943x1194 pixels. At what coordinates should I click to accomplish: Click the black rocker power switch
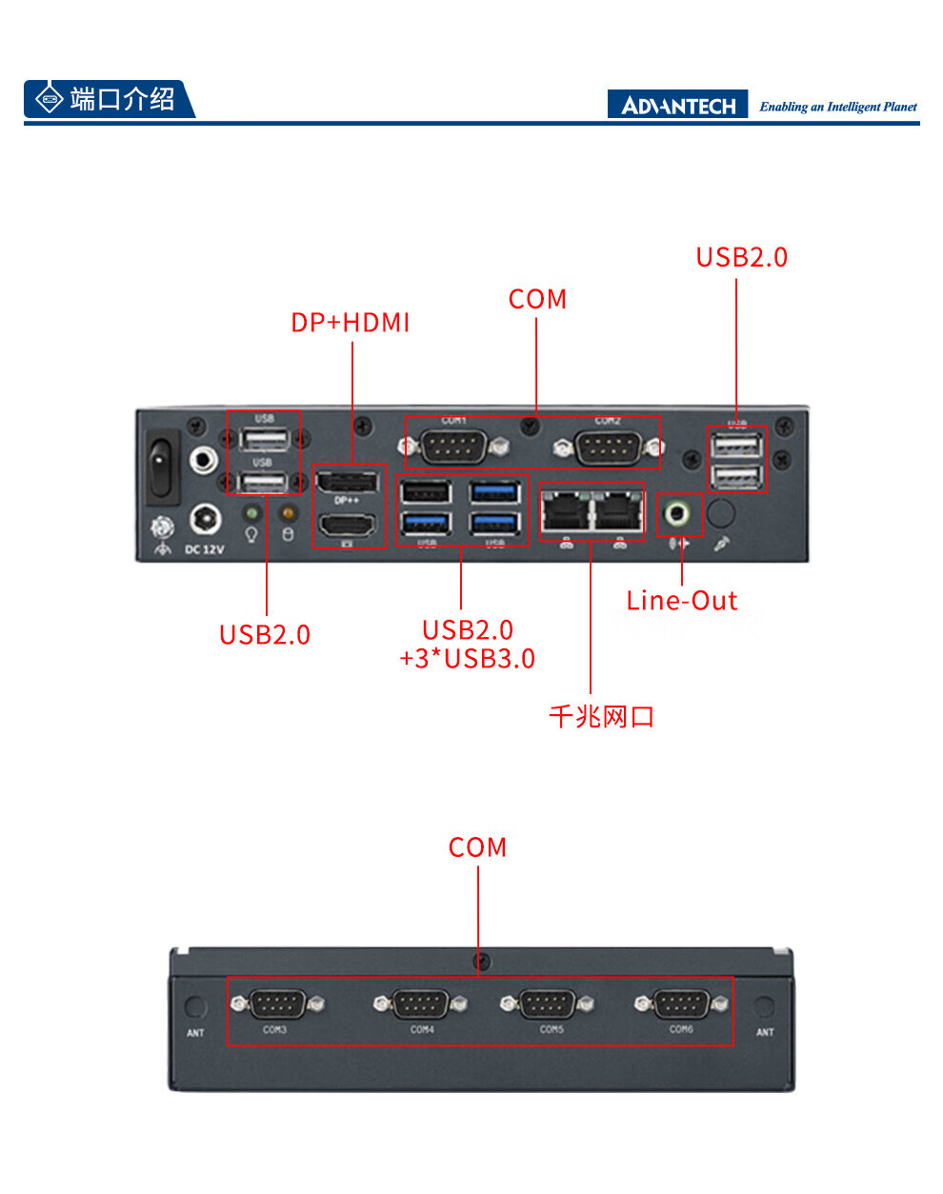point(162,467)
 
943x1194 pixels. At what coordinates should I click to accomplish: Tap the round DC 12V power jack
point(205,519)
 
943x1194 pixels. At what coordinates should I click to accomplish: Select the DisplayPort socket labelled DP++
point(347,482)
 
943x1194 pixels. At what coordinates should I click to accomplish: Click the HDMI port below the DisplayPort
point(347,525)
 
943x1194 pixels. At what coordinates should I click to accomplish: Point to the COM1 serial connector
point(453,446)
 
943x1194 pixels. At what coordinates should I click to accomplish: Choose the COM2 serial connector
point(608,446)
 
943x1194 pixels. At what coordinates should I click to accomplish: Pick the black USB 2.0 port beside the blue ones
point(425,492)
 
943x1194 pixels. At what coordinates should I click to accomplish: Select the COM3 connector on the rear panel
point(276,1004)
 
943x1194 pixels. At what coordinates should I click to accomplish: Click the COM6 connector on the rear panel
point(681,1004)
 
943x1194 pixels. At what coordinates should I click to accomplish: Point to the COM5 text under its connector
point(552,1029)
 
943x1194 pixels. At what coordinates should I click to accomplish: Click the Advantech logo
point(678,105)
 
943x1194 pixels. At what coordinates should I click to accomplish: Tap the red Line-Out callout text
point(681,601)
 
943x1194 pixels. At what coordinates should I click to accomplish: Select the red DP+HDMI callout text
point(351,323)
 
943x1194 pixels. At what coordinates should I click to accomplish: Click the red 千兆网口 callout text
point(601,716)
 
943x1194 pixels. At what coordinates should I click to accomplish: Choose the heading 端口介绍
point(122,99)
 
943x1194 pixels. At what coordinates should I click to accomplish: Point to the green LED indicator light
point(251,513)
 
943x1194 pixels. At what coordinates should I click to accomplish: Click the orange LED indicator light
point(288,513)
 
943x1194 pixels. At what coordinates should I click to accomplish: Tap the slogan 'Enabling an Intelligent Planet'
point(838,107)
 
